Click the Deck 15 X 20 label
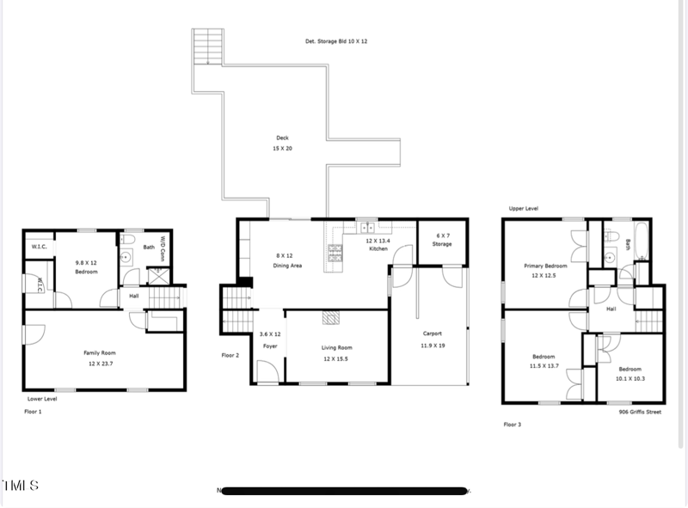(282, 143)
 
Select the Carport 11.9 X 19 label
(432, 338)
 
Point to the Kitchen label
(378, 245)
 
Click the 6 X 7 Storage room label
(443, 240)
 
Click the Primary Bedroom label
(545, 270)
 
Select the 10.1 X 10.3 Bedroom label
(630, 373)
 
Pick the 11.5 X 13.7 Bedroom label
(543, 361)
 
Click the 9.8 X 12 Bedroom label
(86, 267)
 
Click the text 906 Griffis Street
(640, 412)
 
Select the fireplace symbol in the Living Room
(331, 317)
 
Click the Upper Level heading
(523, 208)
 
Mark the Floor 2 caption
(230, 354)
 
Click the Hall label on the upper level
(611, 309)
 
